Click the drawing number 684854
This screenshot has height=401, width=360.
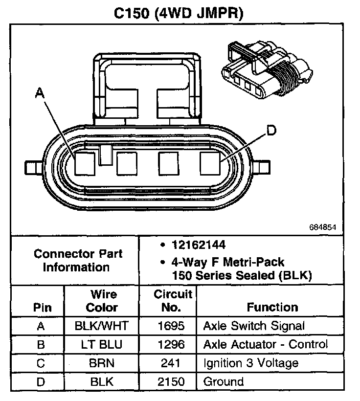point(322,227)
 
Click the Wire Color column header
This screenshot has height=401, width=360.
point(102,301)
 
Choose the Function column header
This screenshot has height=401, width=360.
point(272,307)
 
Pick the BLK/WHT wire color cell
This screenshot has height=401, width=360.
point(102,326)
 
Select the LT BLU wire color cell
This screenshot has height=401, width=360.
point(102,344)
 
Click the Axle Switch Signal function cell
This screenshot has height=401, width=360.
point(253,326)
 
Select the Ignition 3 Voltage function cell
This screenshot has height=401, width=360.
point(250,363)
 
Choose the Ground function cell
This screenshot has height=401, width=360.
point(223,381)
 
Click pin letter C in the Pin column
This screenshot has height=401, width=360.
point(41,363)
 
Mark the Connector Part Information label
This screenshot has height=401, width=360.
point(78,261)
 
